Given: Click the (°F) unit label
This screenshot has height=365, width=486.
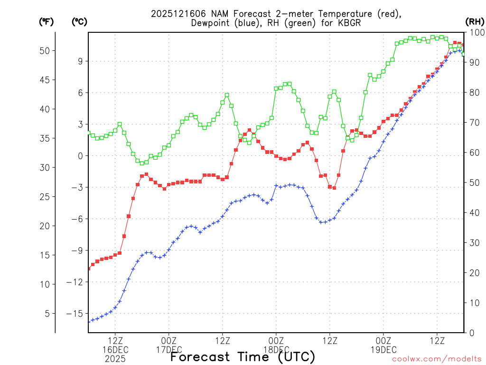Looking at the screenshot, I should point(46,21).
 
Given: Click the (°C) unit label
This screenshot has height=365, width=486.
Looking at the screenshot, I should point(79,21).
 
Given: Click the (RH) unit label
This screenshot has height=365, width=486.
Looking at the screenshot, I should point(474,21).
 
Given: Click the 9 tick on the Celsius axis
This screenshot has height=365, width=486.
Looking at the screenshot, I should point(81,61).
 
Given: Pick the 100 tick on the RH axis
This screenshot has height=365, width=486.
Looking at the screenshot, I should point(476,32).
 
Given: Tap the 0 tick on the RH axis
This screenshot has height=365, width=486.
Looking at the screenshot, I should point(471,333).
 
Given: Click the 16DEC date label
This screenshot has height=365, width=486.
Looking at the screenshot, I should point(115,350).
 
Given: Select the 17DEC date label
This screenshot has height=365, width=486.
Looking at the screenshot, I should point(169,350).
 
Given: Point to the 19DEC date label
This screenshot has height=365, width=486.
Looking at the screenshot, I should point(383,350).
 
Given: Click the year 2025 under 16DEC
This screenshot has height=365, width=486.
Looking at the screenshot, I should point(115,359).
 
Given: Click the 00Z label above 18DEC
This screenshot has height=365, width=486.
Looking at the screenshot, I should point(276,341).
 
